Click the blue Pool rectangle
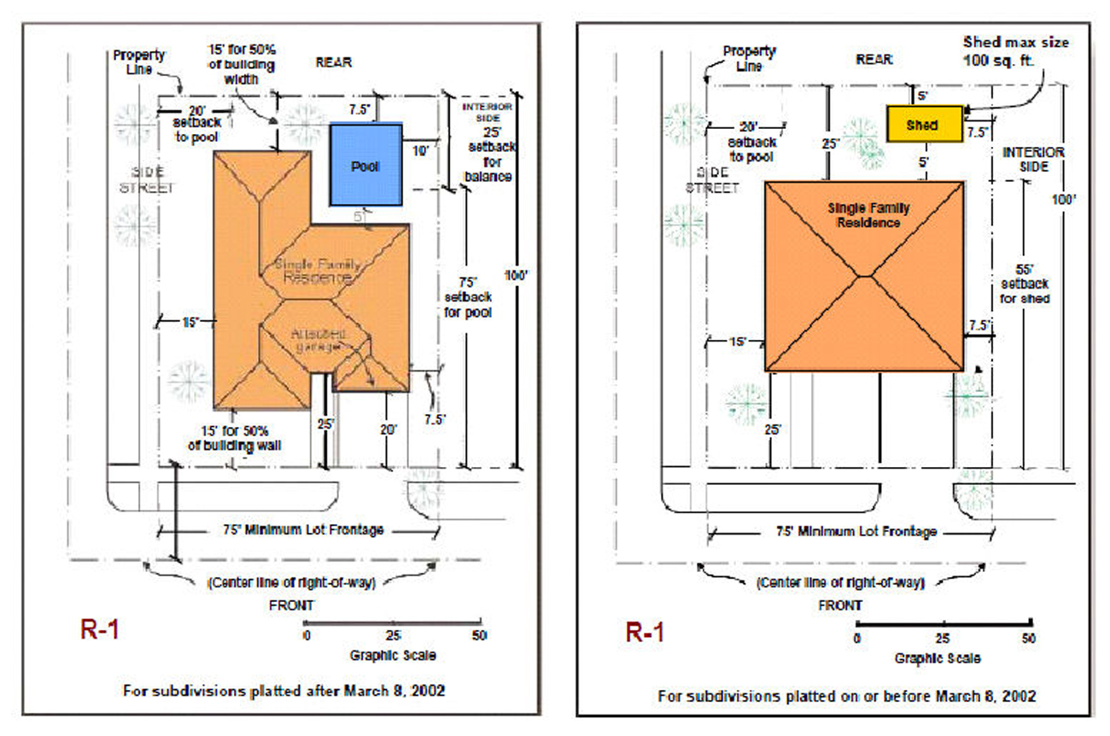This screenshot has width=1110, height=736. coord(365,165)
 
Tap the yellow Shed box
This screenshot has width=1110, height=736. coord(925,125)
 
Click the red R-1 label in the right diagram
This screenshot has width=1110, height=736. coord(646,633)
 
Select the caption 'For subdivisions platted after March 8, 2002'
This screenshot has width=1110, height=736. coord(284,690)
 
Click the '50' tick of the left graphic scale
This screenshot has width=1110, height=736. coord(478,635)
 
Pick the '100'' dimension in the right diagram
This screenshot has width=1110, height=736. coord(1064,198)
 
